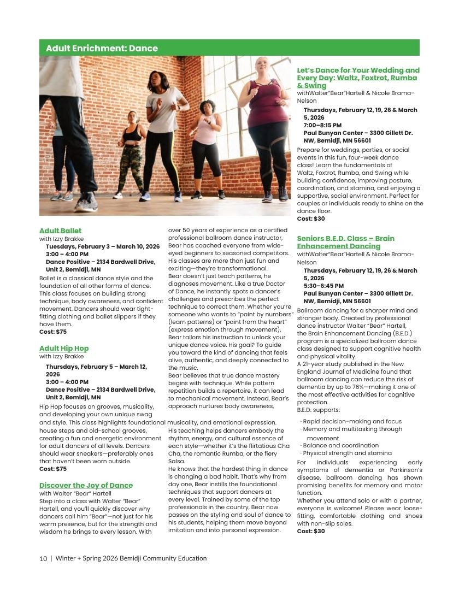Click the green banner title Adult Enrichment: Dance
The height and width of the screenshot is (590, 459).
click(x=102, y=48)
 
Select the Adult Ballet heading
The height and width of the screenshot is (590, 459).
click(x=60, y=231)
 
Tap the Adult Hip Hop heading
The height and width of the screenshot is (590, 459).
click(x=64, y=349)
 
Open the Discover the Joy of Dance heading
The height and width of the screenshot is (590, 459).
click(x=86, y=485)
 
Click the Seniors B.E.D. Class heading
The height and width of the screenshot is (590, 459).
click(x=345, y=242)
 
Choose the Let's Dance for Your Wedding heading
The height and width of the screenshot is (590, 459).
click(x=358, y=78)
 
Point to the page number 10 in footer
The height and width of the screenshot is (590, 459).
click(x=43, y=558)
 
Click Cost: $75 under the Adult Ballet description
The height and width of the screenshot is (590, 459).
click(x=53, y=332)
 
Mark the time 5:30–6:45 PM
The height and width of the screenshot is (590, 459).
click(x=323, y=286)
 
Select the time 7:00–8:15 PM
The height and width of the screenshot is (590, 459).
click(x=323, y=125)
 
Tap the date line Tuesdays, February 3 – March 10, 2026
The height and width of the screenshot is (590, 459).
click(x=103, y=246)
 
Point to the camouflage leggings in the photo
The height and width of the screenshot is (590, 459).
click(x=132, y=164)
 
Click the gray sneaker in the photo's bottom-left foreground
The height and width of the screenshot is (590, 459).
click(x=86, y=203)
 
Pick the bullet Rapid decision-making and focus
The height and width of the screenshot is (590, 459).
click(x=352, y=421)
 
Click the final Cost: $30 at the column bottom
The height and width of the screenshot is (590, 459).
click(x=311, y=531)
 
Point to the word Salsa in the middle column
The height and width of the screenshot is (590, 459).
click(x=177, y=462)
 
